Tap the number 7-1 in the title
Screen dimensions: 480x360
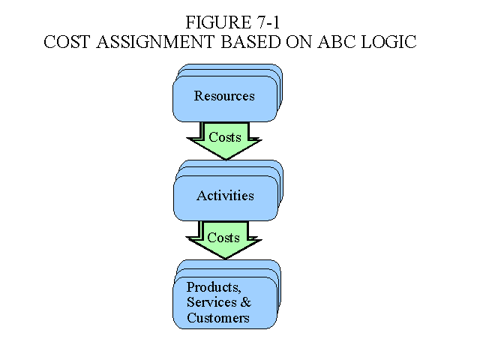pyautogui.click(x=265, y=22)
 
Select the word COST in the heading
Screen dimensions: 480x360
pyautogui.click(x=67, y=42)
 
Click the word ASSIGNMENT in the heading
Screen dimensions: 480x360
pyautogui.click(x=155, y=42)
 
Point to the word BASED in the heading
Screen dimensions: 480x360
pyautogui.click(x=250, y=42)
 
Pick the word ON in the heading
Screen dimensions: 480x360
pyautogui.click(x=298, y=42)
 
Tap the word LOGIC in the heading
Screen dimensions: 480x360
pyautogui.click(x=389, y=42)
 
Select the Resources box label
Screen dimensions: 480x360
pyautogui.click(x=224, y=96)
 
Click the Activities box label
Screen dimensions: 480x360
pyautogui.click(x=225, y=195)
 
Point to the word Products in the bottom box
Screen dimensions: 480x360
pyautogui.click(x=214, y=288)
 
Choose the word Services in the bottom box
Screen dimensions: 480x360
pyautogui.click(x=211, y=302)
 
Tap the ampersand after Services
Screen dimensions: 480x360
pyautogui.click(x=245, y=302)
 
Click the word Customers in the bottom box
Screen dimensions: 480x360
pyautogui.click(x=218, y=318)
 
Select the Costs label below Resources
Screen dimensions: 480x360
pyautogui.click(x=225, y=137)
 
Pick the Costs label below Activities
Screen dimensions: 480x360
pyautogui.click(x=223, y=238)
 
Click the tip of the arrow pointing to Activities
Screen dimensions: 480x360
pyautogui.click(x=226, y=160)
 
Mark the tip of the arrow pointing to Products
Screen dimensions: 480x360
pyautogui.click(x=225, y=259)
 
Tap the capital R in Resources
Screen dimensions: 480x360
pyautogui.click(x=198, y=96)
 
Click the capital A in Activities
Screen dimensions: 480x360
pyautogui.click(x=202, y=195)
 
